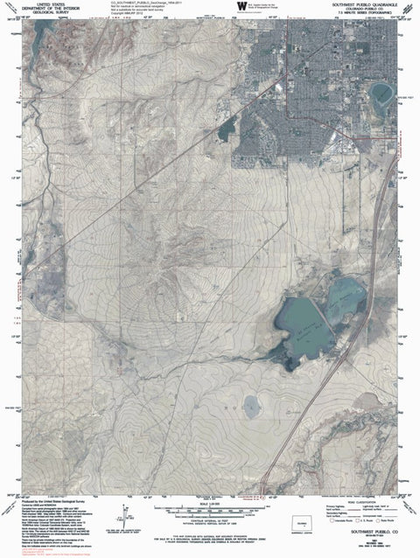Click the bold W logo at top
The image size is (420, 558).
pos(241,6)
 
